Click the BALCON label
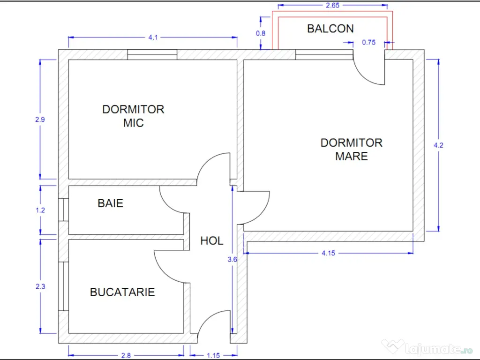point(330,29)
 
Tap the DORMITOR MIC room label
point(133,116)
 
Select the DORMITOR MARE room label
point(352,149)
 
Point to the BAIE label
point(111,203)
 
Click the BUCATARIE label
point(122,292)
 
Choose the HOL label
point(212,241)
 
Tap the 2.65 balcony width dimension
point(332,6)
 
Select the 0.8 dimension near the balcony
point(260,33)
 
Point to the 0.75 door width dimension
point(369,42)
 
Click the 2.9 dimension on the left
point(40,120)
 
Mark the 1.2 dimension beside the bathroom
point(40,210)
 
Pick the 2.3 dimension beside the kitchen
point(40,285)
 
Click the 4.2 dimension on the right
point(439,145)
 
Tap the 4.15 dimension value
point(328,253)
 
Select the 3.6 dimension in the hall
point(229,259)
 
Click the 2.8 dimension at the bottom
point(126,355)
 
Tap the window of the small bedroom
point(152,54)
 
